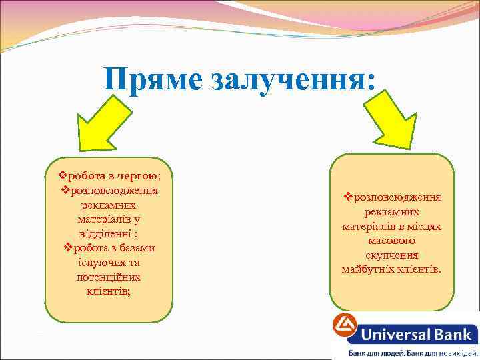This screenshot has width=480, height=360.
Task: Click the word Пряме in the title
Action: coord(153,81)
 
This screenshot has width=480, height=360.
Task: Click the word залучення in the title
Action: coord(293,81)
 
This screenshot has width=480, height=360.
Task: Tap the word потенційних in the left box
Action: coord(109,276)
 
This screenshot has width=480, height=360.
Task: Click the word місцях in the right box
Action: coord(425,227)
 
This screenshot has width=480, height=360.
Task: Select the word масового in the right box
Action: coord(392,241)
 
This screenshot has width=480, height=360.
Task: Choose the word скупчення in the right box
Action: coord(392,255)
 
